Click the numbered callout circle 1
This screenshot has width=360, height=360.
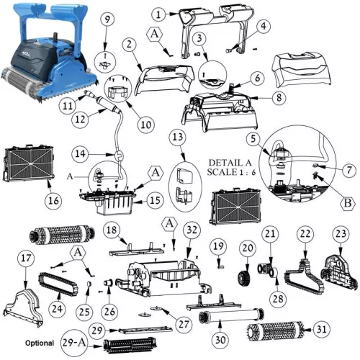[158, 12]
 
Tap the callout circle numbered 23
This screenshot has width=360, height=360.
[341, 234]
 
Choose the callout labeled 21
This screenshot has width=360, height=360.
[269, 233]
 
